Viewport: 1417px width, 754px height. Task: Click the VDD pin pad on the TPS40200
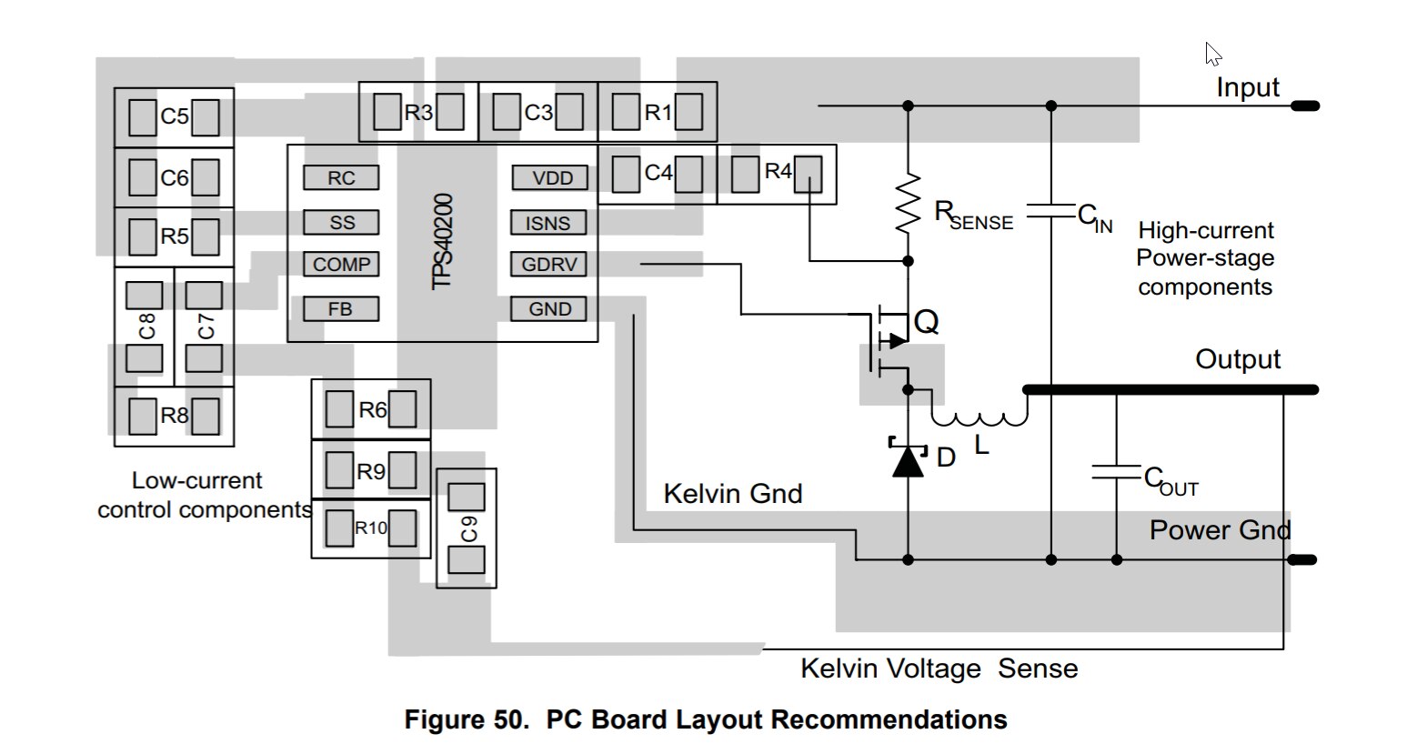click(x=550, y=178)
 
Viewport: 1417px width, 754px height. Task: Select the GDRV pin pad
click(x=548, y=265)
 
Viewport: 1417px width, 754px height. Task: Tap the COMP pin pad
click(x=341, y=265)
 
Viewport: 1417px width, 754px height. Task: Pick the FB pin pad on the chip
click(x=340, y=309)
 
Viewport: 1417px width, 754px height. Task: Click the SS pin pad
click(x=341, y=223)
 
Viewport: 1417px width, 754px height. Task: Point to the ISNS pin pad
click(x=548, y=223)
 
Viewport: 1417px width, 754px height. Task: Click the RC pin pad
click(x=341, y=178)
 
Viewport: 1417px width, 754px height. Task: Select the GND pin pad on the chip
click(x=549, y=309)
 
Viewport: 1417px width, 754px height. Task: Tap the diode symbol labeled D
click(x=908, y=458)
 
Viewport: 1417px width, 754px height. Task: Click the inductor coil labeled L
click(x=979, y=417)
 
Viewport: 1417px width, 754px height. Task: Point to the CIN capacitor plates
click(x=1051, y=213)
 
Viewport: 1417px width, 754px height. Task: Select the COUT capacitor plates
click(x=1117, y=473)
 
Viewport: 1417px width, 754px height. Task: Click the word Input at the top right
click(x=1247, y=88)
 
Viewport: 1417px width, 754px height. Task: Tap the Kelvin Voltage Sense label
click(x=939, y=669)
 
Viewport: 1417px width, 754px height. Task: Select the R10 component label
click(x=370, y=528)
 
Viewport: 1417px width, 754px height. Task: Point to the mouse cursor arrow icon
click(x=1212, y=54)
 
